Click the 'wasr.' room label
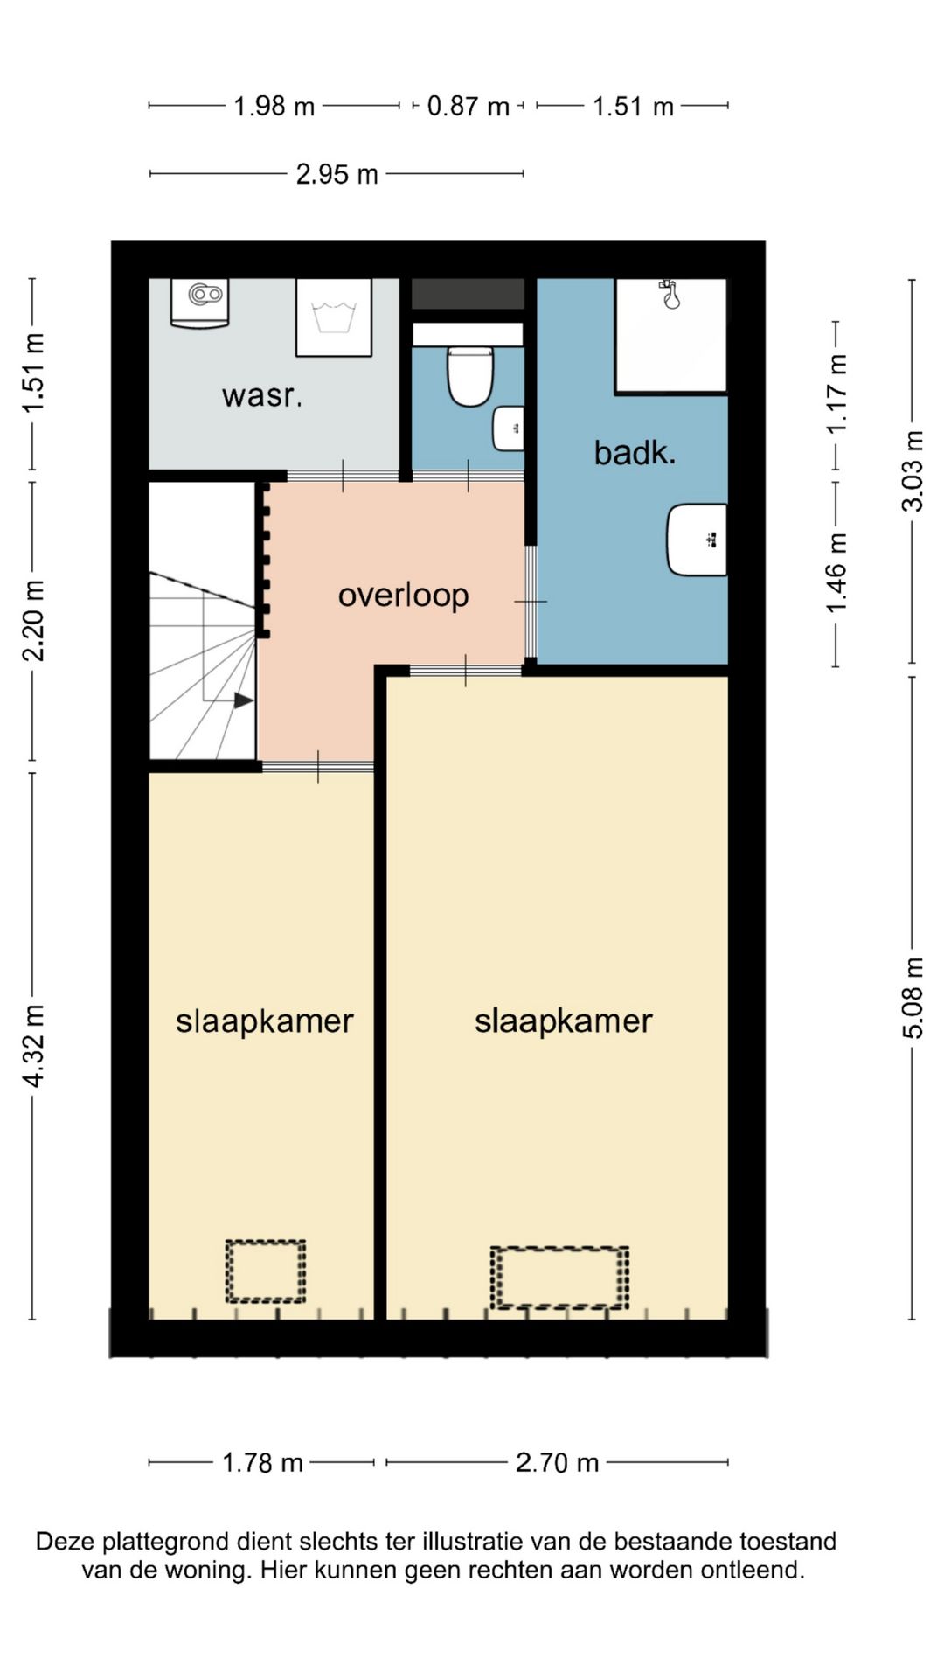tap(262, 395)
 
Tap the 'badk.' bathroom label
tap(635, 452)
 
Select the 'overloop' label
tap(404, 596)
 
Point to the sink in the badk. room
tap(698, 540)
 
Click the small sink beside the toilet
tap(509, 428)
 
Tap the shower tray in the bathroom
tap(671, 336)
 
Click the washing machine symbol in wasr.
tap(334, 317)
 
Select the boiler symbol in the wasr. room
tap(200, 303)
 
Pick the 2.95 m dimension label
tap(337, 174)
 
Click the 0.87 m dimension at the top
tap(468, 106)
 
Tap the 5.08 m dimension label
tap(913, 998)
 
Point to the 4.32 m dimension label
tap(33, 1046)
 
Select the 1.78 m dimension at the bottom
tap(262, 1462)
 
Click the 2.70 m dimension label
tap(557, 1462)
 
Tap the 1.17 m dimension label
tap(836, 393)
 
